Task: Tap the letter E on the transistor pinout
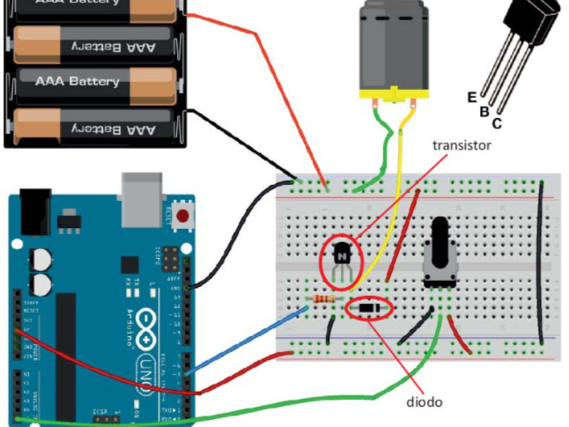[x=472, y=96]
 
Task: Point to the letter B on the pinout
[x=484, y=111]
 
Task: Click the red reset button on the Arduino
[x=183, y=215]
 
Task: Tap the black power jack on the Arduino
[x=33, y=211]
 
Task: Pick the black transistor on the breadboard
[x=342, y=254]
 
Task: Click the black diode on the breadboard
[x=371, y=309]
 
